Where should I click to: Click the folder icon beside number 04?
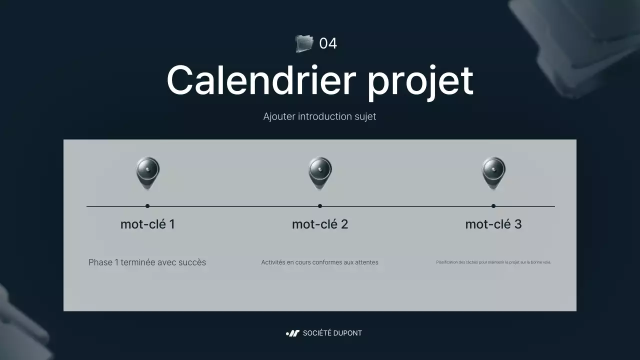pyautogui.click(x=303, y=43)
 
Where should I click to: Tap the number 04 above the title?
pyautogui.click(x=328, y=43)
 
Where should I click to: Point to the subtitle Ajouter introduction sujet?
pyautogui.click(x=319, y=116)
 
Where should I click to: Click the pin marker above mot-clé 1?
pyautogui.click(x=147, y=172)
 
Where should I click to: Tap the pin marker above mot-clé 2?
pyautogui.click(x=320, y=172)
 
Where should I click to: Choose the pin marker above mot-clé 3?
pyautogui.click(x=493, y=172)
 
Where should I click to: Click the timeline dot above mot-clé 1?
pyautogui.click(x=147, y=206)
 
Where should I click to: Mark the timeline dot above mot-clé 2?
pyautogui.click(x=320, y=206)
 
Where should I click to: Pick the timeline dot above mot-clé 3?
pyautogui.click(x=493, y=206)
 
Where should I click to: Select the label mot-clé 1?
pyautogui.click(x=147, y=224)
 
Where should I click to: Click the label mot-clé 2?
pyautogui.click(x=320, y=224)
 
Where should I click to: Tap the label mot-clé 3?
pyautogui.click(x=493, y=224)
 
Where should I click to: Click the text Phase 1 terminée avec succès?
pyautogui.click(x=147, y=262)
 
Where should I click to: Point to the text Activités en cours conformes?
pyautogui.click(x=319, y=262)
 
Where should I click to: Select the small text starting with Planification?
pyautogui.click(x=493, y=262)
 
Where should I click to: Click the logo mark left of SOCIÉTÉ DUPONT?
pyautogui.click(x=292, y=333)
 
